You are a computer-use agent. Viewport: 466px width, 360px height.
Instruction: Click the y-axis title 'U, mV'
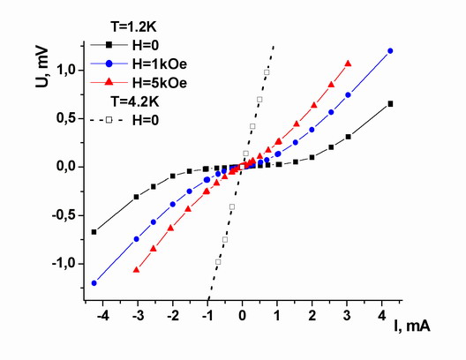pyautogui.click(x=41, y=67)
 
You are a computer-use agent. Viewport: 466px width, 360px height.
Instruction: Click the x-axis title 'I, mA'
pyautogui.click(x=412, y=326)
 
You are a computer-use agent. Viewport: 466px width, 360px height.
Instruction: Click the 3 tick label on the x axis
pyautogui.click(x=347, y=316)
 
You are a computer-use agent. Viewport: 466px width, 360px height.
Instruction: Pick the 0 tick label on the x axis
pyautogui.click(x=242, y=316)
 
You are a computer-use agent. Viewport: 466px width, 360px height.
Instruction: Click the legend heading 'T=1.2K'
pyautogui.click(x=134, y=27)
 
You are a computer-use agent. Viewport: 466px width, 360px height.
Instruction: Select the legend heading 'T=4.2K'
pyautogui.click(x=135, y=101)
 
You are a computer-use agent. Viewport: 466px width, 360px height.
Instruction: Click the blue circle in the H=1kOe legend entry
pyautogui.click(x=109, y=64)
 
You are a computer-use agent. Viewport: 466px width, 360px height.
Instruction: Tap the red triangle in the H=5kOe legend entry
pyautogui.click(x=109, y=82)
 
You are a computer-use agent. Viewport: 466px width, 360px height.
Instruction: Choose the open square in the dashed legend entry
pyautogui.click(x=109, y=120)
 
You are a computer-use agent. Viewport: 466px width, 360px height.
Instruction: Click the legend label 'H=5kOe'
pyautogui.click(x=160, y=83)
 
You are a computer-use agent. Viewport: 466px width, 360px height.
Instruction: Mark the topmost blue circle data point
pyautogui.click(x=390, y=51)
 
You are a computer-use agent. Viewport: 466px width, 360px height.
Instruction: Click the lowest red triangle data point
pyautogui.click(x=137, y=269)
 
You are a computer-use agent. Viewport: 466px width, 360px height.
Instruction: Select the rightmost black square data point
pyautogui.click(x=390, y=104)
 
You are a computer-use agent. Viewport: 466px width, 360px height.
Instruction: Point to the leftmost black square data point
pyautogui.click(x=94, y=232)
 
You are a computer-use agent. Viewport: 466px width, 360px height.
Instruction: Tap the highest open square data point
pyautogui.click(x=267, y=72)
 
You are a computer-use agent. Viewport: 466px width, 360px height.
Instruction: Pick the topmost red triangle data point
pyautogui.click(x=348, y=64)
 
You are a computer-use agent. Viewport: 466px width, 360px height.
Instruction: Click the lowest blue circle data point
pyautogui.click(x=94, y=283)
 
